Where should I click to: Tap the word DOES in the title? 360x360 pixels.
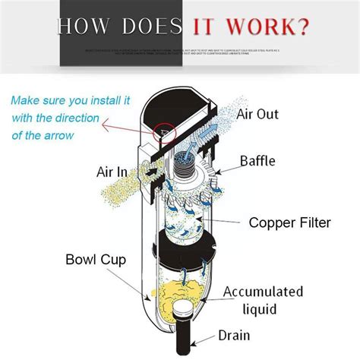coord(149,28)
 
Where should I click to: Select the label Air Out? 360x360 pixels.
coord(257,114)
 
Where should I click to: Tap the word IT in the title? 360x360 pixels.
coord(204,28)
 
